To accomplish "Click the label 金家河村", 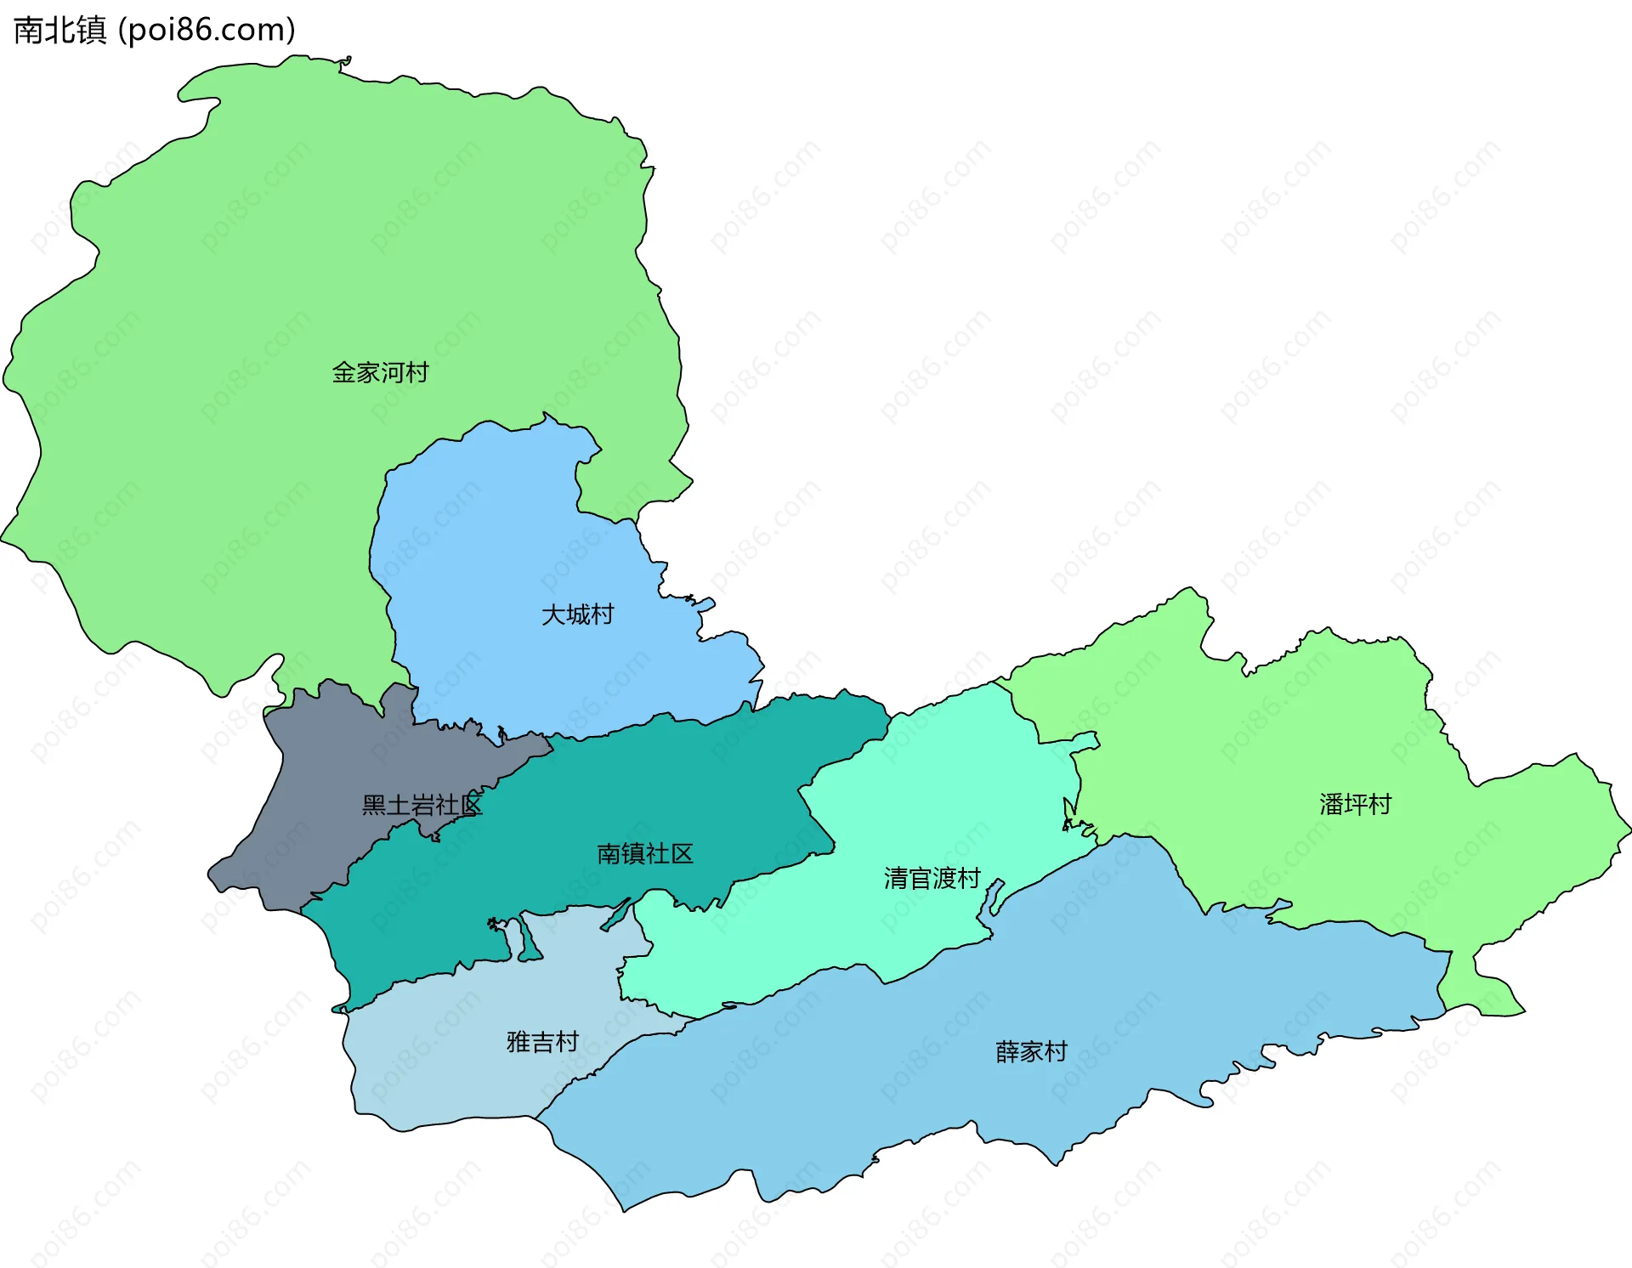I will coord(380,372).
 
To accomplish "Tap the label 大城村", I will coord(577,614).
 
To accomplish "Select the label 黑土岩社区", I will coord(422,805).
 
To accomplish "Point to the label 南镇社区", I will coord(645,853).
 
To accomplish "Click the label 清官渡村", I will coord(932,878).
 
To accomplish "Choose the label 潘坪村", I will coord(1355,804).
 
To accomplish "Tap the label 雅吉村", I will coord(542,1041).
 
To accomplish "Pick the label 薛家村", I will coord(1031,1051).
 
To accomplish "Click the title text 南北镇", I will coord(60,30).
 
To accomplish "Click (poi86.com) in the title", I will coord(207,30).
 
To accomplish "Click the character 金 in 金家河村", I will coord(343,372).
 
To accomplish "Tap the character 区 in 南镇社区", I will coord(682,853).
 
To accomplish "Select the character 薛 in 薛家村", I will coord(1007,1051).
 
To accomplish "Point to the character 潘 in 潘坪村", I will coord(1331,804).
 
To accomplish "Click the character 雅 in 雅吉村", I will coord(518,1041).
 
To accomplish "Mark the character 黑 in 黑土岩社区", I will coord(374,805).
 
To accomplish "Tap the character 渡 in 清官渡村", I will coord(944,878).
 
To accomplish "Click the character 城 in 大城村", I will coord(577,614).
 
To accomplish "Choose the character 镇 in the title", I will coord(92,30).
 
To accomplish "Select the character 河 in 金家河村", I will coord(393,372).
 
